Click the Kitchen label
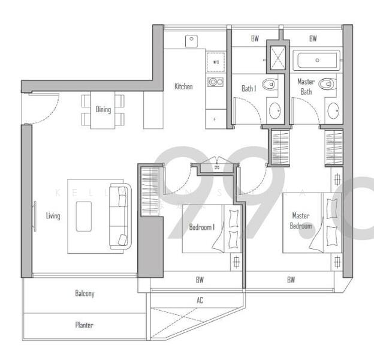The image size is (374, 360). [x=183, y=86]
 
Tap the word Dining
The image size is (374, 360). [x=103, y=109]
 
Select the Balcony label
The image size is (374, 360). [x=85, y=294]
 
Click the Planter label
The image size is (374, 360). [x=84, y=325]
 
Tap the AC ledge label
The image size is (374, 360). [x=200, y=300]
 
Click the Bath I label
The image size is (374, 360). [x=249, y=88]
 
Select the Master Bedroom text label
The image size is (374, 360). [x=301, y=220]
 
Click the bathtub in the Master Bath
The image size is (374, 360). [x=316, y=60]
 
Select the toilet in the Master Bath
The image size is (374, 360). [x=328, y=84]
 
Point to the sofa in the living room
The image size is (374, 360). [x=119, y=217]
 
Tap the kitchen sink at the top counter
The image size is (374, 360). [x=192, y=40]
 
